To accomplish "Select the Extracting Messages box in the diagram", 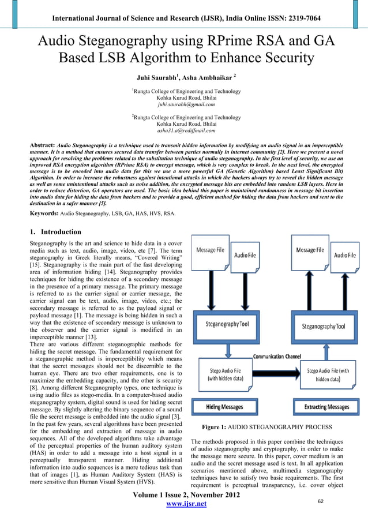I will (x=330, y=407).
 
